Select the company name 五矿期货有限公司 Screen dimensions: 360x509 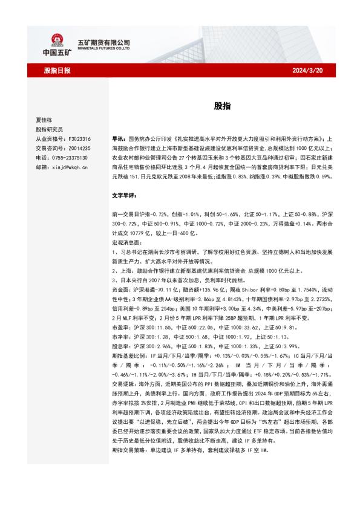coord(104,42)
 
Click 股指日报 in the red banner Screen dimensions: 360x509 coord(57,71)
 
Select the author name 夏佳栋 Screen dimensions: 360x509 coord(46,120)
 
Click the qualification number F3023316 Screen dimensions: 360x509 coord(79,138)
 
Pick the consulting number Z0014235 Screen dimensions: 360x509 coord(79,148)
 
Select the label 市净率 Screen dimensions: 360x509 coord(120,336)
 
